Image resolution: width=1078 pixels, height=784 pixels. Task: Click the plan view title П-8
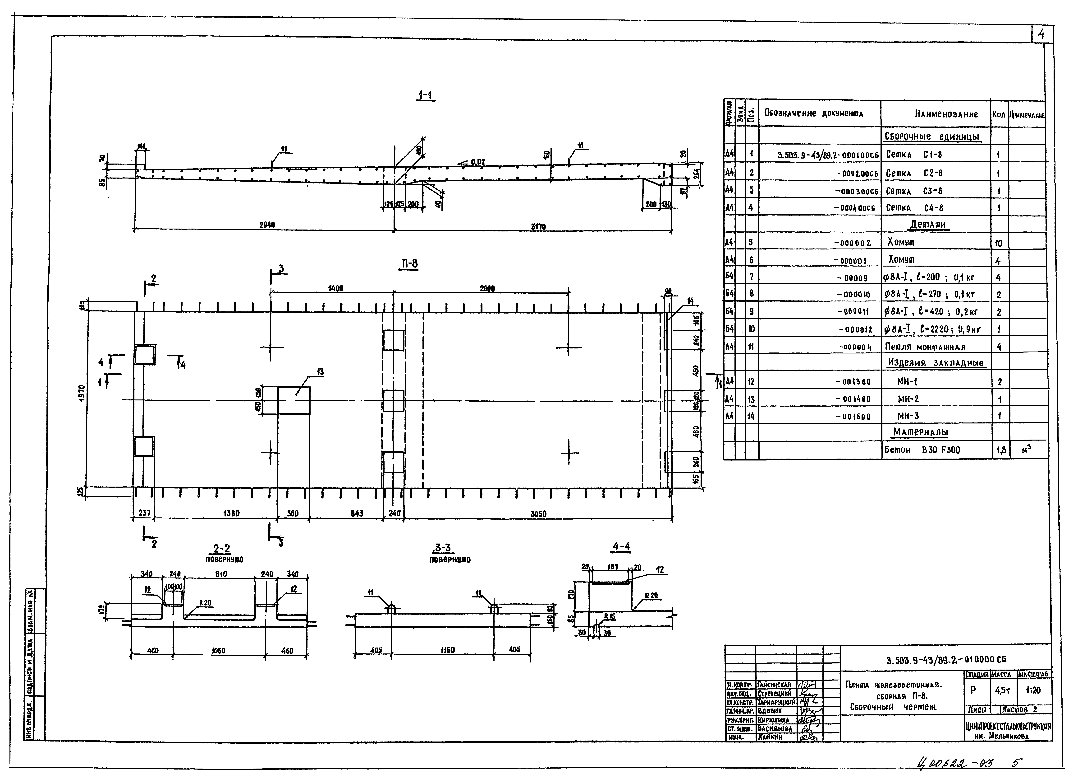coord(409,263)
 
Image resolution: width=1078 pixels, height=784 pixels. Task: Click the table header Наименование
coord(946,114)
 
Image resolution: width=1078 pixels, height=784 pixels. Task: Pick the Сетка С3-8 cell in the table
coord(913,191)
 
